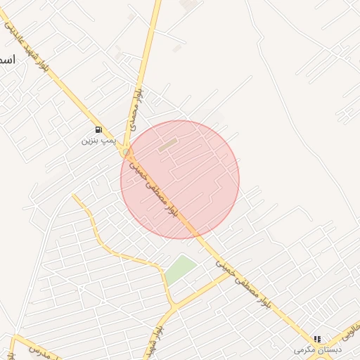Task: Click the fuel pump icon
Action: (98, 129)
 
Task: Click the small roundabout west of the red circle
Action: (126, 151)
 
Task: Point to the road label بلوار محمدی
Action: (138, 104)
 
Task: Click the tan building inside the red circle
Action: (167, 146)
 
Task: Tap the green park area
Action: (181, 270)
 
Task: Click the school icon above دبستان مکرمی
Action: (317, 339)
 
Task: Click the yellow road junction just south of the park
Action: (172, 306)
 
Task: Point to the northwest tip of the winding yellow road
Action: (74, 197)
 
